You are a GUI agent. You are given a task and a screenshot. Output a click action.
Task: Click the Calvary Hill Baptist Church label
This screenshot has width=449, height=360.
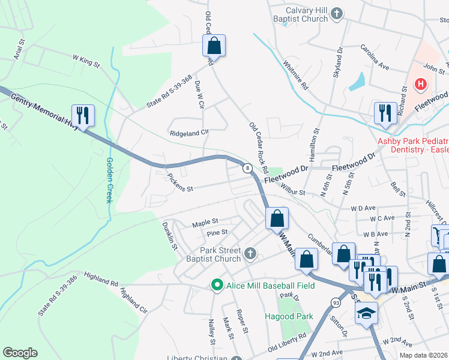click(298, 14)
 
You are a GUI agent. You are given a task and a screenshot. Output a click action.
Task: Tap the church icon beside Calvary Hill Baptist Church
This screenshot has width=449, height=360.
click(337, 13)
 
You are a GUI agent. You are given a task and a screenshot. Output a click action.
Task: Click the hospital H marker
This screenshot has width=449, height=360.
click(421, 83)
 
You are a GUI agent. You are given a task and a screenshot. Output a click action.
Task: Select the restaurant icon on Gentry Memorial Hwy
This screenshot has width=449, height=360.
click(83, 115)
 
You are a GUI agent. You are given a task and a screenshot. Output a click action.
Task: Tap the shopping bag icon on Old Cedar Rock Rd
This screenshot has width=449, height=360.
click(214, 44)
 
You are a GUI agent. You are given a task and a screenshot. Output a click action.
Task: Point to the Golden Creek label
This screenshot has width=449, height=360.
click(109, 179)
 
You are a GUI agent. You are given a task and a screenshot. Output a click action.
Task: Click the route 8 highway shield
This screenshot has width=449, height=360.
click(247, 169)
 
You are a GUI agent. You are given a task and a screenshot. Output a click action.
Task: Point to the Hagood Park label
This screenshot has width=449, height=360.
click(288, 316)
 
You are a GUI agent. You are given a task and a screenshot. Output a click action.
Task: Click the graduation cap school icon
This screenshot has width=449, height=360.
click(366, 313)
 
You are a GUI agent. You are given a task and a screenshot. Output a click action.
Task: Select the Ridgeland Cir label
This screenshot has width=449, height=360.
click(188, 133)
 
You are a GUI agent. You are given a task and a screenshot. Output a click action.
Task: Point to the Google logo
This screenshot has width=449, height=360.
click(20, 353)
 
